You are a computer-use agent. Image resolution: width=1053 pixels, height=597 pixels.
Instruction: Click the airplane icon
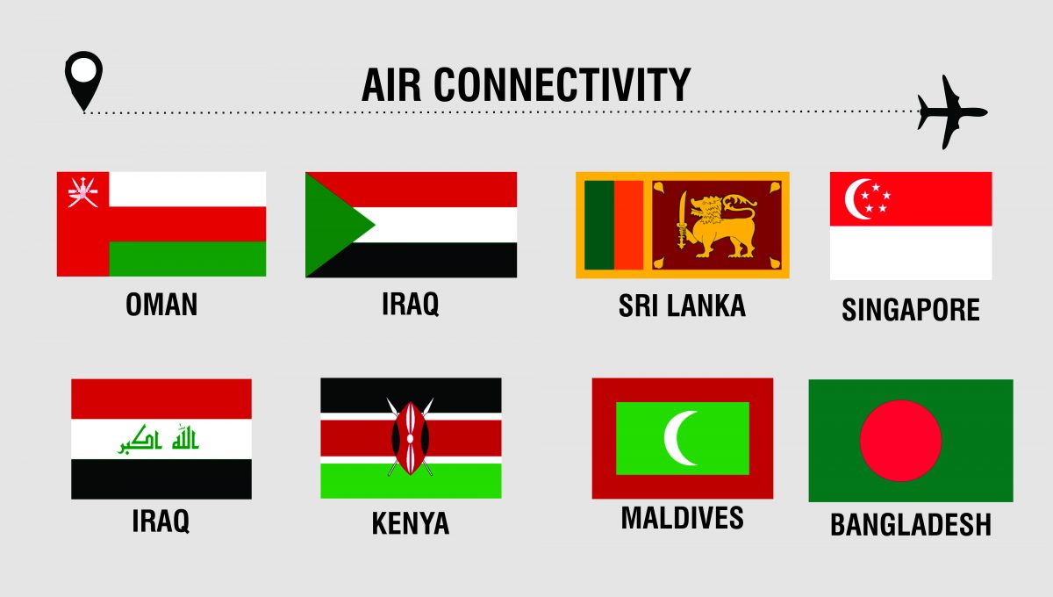point(951,112)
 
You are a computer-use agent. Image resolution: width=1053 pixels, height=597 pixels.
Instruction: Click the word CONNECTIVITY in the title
point(562,85)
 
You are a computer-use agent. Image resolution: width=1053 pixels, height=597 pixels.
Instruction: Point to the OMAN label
point(161,305)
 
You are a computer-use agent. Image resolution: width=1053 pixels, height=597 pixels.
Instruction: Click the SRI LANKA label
point(682,306)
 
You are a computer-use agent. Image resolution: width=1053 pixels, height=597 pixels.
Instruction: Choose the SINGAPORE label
point(911,309)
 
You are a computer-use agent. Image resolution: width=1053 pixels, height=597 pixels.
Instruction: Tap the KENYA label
point(411,523)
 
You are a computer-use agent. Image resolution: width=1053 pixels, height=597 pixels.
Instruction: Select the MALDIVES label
point(682,518)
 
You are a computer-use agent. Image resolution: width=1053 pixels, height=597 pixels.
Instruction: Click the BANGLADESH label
point(911,525)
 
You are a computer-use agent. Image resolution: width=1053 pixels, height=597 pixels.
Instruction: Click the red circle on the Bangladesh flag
point(900,440)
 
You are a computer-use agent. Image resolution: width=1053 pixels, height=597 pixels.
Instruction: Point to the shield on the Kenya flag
point(411,437)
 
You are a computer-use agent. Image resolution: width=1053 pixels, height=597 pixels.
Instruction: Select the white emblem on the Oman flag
point(82,193)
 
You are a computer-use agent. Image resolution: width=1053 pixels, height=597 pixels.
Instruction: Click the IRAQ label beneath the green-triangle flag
point(410,304)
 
